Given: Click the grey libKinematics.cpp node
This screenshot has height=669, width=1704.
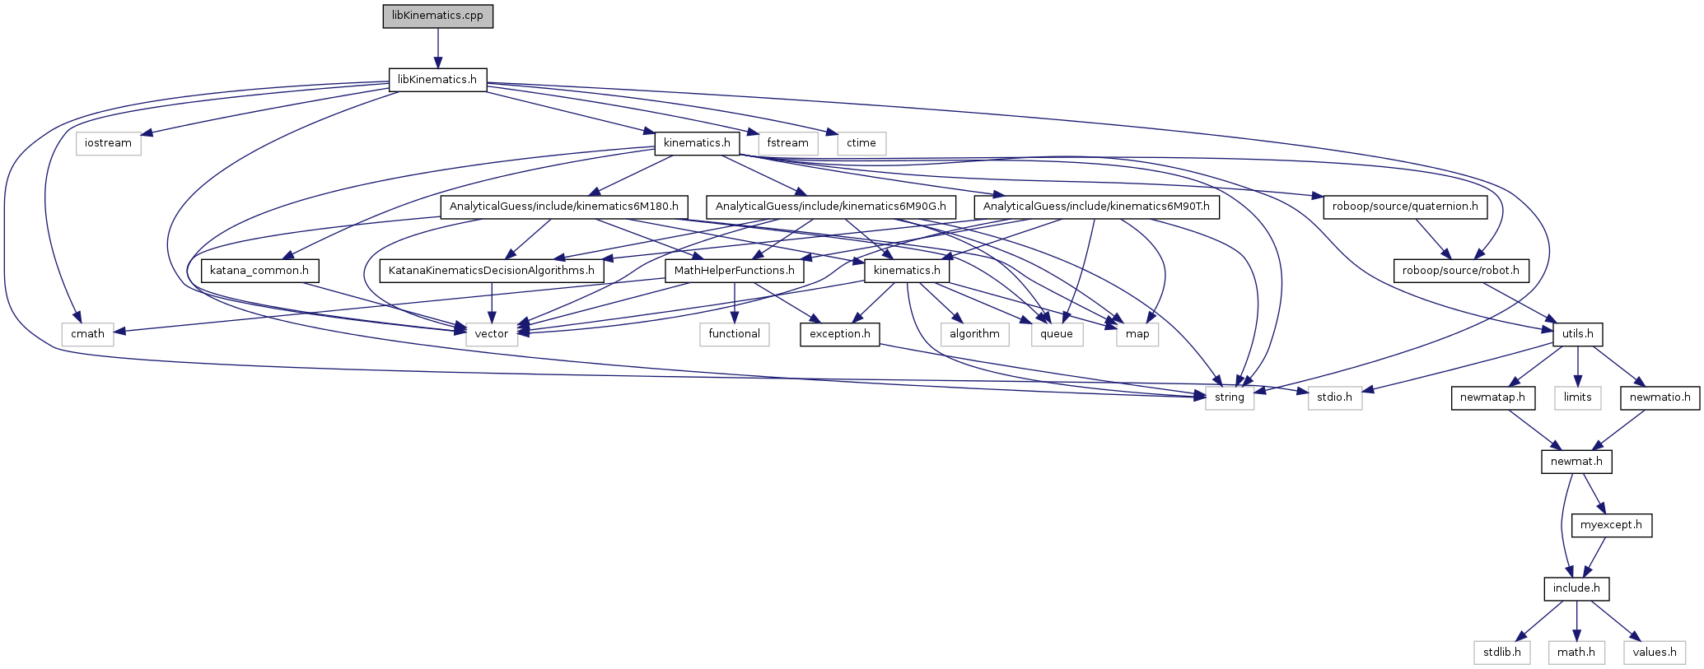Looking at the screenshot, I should click(x=437, y=16).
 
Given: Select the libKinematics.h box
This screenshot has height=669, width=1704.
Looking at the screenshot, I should click(x=437, y=80).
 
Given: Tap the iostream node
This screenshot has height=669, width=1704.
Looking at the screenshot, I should click(x=108, y=143).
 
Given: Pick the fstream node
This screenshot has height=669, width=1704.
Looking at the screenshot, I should click(x=787, y=143).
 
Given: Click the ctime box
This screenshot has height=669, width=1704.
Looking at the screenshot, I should click(x=861, y=143).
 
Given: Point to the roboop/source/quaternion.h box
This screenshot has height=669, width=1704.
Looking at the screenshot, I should click(x=1405, y=207).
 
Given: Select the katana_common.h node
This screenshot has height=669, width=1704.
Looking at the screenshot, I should click(x=259, y=270).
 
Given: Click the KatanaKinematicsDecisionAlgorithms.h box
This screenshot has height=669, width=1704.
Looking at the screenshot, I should click(x=492, y=270).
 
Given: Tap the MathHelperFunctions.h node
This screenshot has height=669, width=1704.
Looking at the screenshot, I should click(x=735, y=270).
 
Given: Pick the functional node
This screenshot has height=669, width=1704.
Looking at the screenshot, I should click(x=735, y=333).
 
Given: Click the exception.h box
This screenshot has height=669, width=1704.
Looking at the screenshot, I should click(x=839, y=333).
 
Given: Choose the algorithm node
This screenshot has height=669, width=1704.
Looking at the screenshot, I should click(x=974, y=333).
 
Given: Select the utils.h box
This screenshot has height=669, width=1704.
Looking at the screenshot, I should click(x=1577, y=333).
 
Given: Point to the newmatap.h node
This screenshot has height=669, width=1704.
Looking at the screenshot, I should click(x=1492, y=397).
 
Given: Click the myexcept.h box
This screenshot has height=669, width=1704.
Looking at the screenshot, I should click(x=1611, y=525).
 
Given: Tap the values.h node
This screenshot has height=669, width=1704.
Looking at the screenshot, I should click(x=1655, y=653).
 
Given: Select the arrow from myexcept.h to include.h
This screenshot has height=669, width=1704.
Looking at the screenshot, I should click(x=1595, y=556).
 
